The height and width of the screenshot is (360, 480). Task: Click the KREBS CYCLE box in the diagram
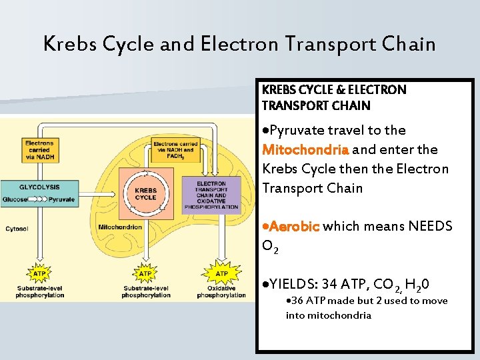point(145,193)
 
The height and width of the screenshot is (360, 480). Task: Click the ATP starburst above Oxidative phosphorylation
point(221,273)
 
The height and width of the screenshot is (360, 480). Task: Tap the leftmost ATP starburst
point(39,273)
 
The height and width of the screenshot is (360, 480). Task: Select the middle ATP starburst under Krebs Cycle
point(145,273)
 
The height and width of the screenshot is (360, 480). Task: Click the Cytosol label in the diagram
point(17,229)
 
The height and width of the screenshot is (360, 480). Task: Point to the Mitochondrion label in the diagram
point(120,227)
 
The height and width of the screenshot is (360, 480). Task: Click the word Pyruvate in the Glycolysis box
point(61,199)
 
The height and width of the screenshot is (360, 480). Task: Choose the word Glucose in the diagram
point(15,199)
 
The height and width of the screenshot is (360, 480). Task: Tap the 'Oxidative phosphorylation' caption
point(221,292)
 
